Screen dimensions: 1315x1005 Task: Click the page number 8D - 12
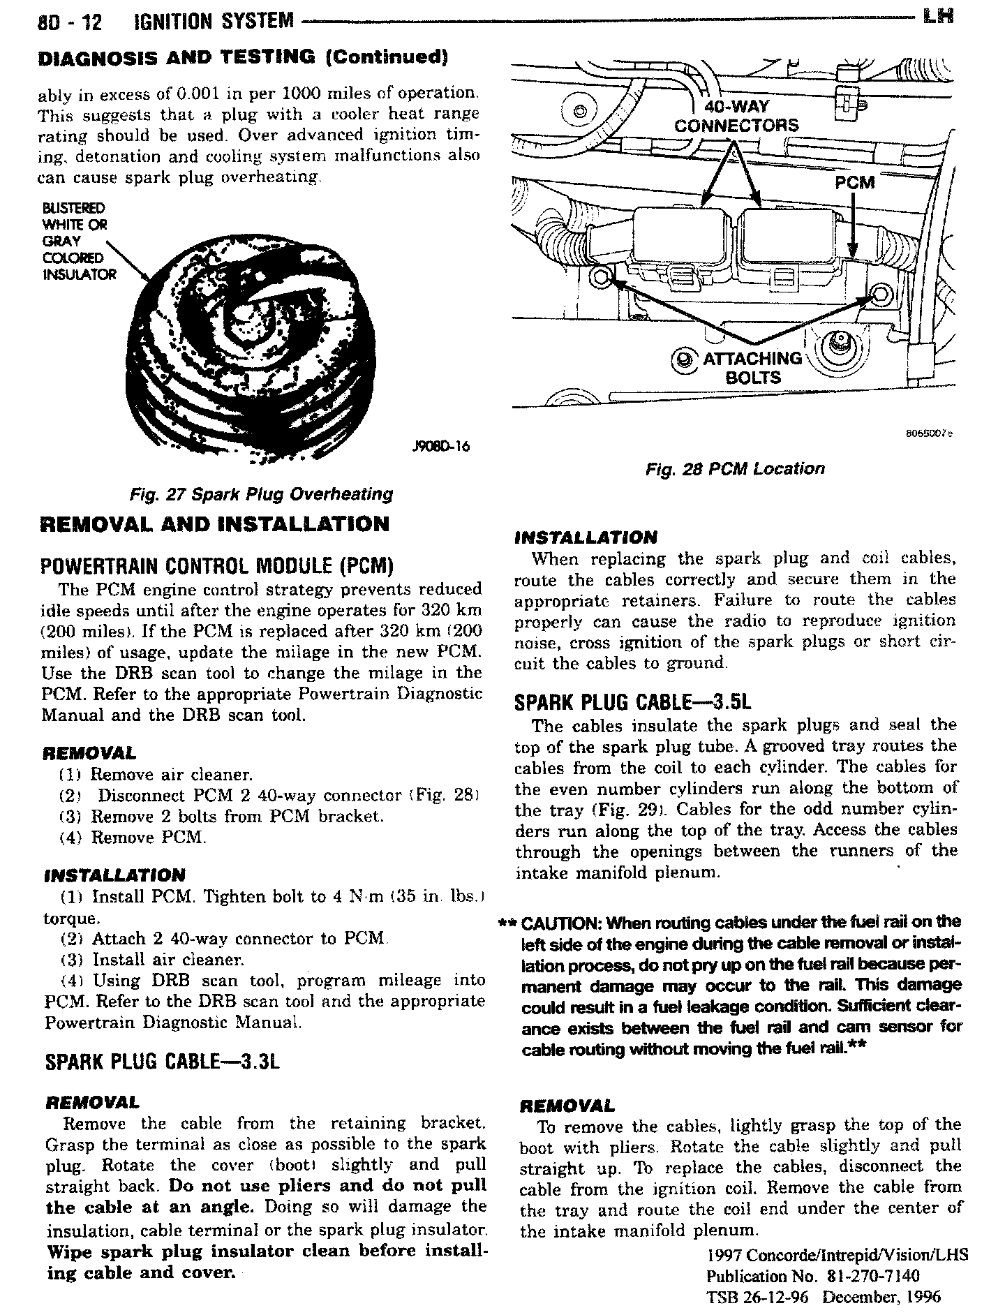(x=70, y=22)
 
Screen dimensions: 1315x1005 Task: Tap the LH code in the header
(x=937, y=16)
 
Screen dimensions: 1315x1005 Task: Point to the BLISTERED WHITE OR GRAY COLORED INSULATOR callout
(x=79, y=241)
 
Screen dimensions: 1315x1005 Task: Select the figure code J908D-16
(x=440, y=446)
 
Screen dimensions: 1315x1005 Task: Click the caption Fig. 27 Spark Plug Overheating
(x=262, y=494)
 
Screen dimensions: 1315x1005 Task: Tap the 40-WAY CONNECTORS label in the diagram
(x=736, y=116)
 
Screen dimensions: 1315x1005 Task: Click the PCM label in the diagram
(x=854, y=183)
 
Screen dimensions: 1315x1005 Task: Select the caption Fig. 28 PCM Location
(x=735, y=468)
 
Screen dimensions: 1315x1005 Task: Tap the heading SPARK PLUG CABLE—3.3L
(x=162, y=1062)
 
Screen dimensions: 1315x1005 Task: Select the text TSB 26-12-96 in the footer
(x=759, y=1298)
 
